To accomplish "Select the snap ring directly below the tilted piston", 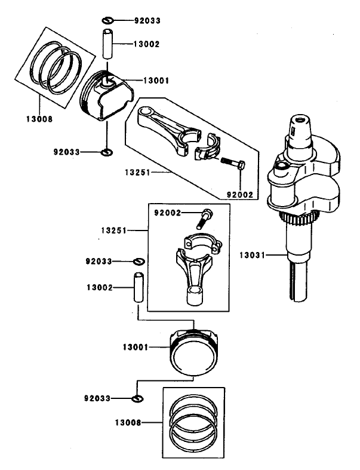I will tap(106, 153).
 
